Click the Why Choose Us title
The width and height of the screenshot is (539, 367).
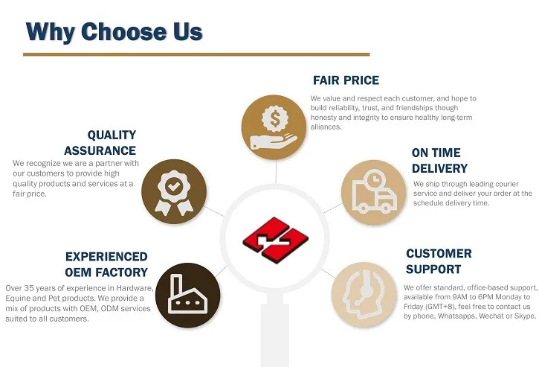114,32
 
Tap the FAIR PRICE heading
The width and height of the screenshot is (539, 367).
346,80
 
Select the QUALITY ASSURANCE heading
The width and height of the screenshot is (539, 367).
112,143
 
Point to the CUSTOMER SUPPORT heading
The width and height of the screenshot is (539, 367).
439,261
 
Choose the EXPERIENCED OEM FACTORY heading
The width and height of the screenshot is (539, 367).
106,264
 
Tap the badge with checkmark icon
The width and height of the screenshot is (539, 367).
173,190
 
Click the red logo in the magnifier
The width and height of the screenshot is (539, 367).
275,238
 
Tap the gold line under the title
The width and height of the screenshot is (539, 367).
196,54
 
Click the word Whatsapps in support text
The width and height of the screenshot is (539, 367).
462,316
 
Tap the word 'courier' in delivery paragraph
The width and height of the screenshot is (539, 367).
506,184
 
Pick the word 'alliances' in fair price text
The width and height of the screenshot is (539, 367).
326,127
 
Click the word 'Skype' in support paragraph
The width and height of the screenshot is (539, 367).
523,316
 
